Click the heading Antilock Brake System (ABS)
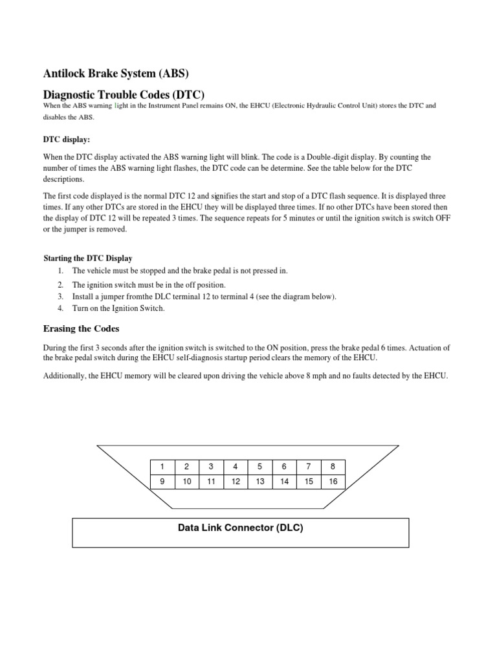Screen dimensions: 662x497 (x=116, y=73)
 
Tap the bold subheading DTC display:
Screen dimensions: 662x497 (x=67, y=139)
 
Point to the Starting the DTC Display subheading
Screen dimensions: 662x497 (x=87, y=258)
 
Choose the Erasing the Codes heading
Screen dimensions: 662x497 (x=81, y=328)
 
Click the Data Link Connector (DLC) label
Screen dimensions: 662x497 (x=240, y=528)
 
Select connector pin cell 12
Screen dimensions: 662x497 (x=236, y=482)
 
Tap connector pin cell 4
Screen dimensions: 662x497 (x=236, y=467)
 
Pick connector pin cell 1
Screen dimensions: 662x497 (x=162, y=467)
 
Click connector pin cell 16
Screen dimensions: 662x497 (x=333, y=482)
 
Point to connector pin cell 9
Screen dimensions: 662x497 (x=162, y=482)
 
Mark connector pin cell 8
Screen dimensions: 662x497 (x=333, y=467)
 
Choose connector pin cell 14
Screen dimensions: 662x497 (x=284, y=482)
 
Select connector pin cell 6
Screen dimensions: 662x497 (x=284, y=467)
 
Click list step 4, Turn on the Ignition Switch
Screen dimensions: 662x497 (x=118, y=308)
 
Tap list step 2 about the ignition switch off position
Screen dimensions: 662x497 (x=148, y=284)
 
